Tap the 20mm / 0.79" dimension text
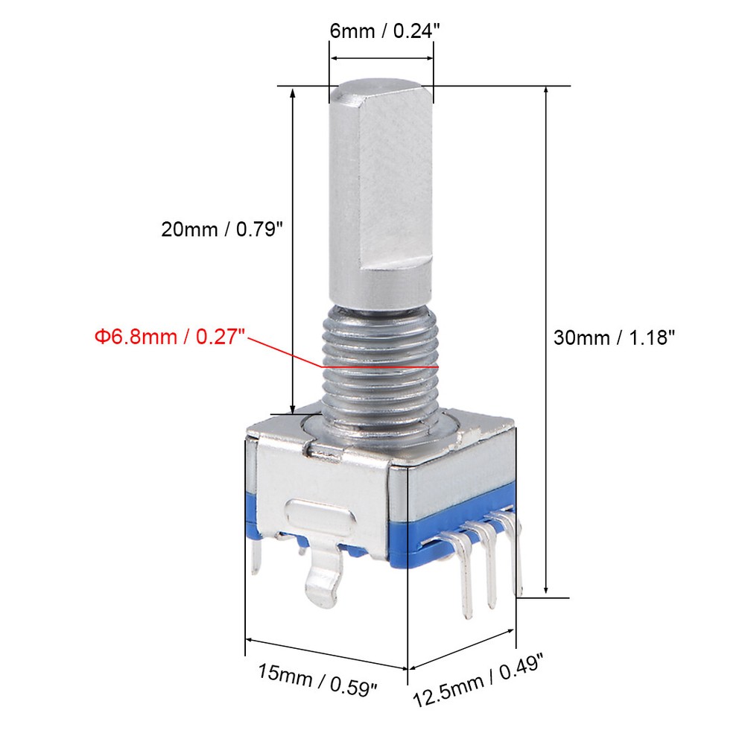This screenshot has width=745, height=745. (x=223, y=229)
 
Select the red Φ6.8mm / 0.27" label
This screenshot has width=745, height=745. (x=171, y=337)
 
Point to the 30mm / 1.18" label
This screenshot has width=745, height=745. (x=614, y=337)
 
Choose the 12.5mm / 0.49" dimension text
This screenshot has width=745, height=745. (x=480, y=678)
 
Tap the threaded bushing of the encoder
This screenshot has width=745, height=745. (x=380, y=372)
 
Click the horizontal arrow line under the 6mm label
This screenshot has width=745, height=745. (x=381, y=58)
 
